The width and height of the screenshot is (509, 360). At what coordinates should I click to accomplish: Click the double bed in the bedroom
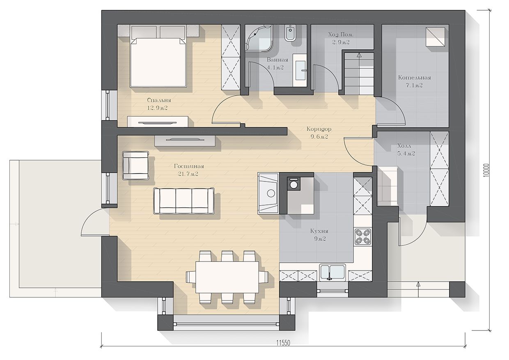(158, 62)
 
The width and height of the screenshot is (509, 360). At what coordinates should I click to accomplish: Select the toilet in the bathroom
(290, 33)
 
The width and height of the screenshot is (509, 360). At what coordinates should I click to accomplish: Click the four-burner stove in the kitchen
(363, 236)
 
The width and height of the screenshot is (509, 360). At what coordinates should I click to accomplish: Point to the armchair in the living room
(135, 165)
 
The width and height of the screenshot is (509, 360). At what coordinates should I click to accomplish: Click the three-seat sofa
(183, 201)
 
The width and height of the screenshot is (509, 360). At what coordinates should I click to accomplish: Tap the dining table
(227, 277)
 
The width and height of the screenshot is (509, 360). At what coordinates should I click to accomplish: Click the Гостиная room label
(189, 166)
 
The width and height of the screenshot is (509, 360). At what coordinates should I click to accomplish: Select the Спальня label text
(159, 100)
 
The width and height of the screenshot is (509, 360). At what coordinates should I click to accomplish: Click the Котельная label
(415, 78)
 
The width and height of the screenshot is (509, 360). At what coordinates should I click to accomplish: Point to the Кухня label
(319, 231)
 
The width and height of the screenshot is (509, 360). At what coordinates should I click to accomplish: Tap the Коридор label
(319, 129)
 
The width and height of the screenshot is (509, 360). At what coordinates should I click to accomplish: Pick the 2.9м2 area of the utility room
(341, 42)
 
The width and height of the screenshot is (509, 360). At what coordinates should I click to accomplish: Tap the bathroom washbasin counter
(300, 70)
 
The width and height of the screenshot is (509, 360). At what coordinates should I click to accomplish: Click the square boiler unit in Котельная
(435, 37)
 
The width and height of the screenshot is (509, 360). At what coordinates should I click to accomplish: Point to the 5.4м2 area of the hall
(406, 154)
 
